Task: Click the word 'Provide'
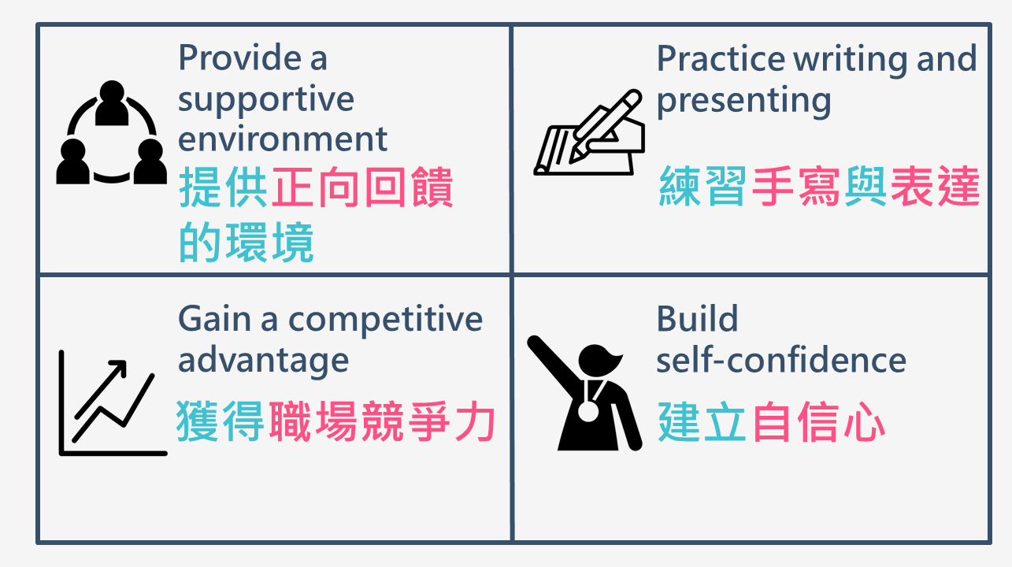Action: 240,57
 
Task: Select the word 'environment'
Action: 283,139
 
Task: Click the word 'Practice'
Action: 721,59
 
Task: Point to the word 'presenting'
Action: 743,102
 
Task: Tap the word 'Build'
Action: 698,318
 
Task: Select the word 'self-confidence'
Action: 781,360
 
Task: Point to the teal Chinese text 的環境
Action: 247,242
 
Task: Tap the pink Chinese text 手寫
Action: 796,186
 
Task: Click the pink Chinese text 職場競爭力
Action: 382,421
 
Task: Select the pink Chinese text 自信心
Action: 818,422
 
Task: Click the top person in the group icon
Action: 112,103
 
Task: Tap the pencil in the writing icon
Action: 606,126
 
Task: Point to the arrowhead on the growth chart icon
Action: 118,367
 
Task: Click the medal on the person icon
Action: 588,411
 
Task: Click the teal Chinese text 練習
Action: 703,186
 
